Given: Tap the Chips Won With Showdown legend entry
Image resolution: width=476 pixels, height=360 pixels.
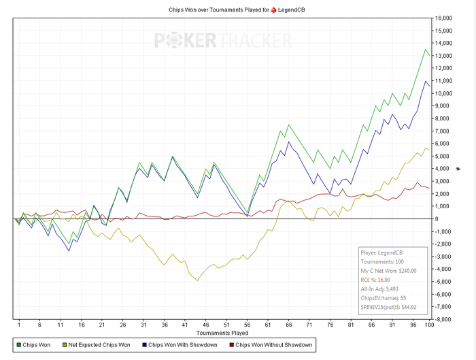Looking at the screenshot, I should [x=184, y=345].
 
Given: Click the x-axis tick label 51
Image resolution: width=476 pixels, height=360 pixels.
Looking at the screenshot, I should [x=228, y=325].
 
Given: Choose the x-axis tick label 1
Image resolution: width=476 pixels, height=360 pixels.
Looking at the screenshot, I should [x=19, y=325].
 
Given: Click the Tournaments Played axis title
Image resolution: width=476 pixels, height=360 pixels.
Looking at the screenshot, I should [x=222, y=333].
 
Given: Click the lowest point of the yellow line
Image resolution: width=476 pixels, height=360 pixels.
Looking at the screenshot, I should [x=198, y=280].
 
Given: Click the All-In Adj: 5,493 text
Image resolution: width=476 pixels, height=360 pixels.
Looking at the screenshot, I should [x=384, y=289].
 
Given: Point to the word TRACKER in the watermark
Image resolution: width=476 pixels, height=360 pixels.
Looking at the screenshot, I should [x=253, y=41].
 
